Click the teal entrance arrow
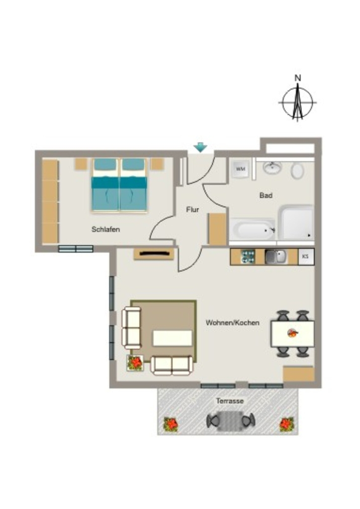pos(200,148)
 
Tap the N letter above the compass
pos(298,78)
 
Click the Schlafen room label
pos(106,230)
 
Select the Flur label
pos(192,210)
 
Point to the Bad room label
pos(266,195)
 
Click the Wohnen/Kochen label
pos(233,323)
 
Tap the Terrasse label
pos(230,401)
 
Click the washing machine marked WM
pos(240,169)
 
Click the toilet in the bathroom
pos(297,170)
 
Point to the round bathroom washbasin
pos(272,168)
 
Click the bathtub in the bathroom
pos(252,230)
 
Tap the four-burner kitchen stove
pos(248,257)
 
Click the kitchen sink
pos(275,257)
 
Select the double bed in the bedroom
pos(119,185)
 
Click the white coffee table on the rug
pos(173,338)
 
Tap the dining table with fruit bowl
pos(292,334)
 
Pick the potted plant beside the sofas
pos(135,363)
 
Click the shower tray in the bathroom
pos(296,223)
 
